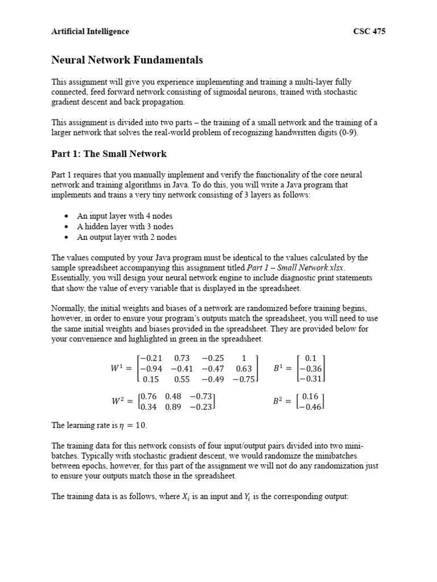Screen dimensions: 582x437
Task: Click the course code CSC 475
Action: [369, 31]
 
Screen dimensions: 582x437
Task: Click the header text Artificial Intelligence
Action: [90, 31]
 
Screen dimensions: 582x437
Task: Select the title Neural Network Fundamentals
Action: [127, 60]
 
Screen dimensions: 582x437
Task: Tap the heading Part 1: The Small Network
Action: [109, 154]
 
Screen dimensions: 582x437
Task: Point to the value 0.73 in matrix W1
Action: [182, 358]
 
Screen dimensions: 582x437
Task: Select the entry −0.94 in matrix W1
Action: [151, 368]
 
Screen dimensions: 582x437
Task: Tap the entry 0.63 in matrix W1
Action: [244, 368]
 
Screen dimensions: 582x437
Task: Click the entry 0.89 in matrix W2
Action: [173, 406]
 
